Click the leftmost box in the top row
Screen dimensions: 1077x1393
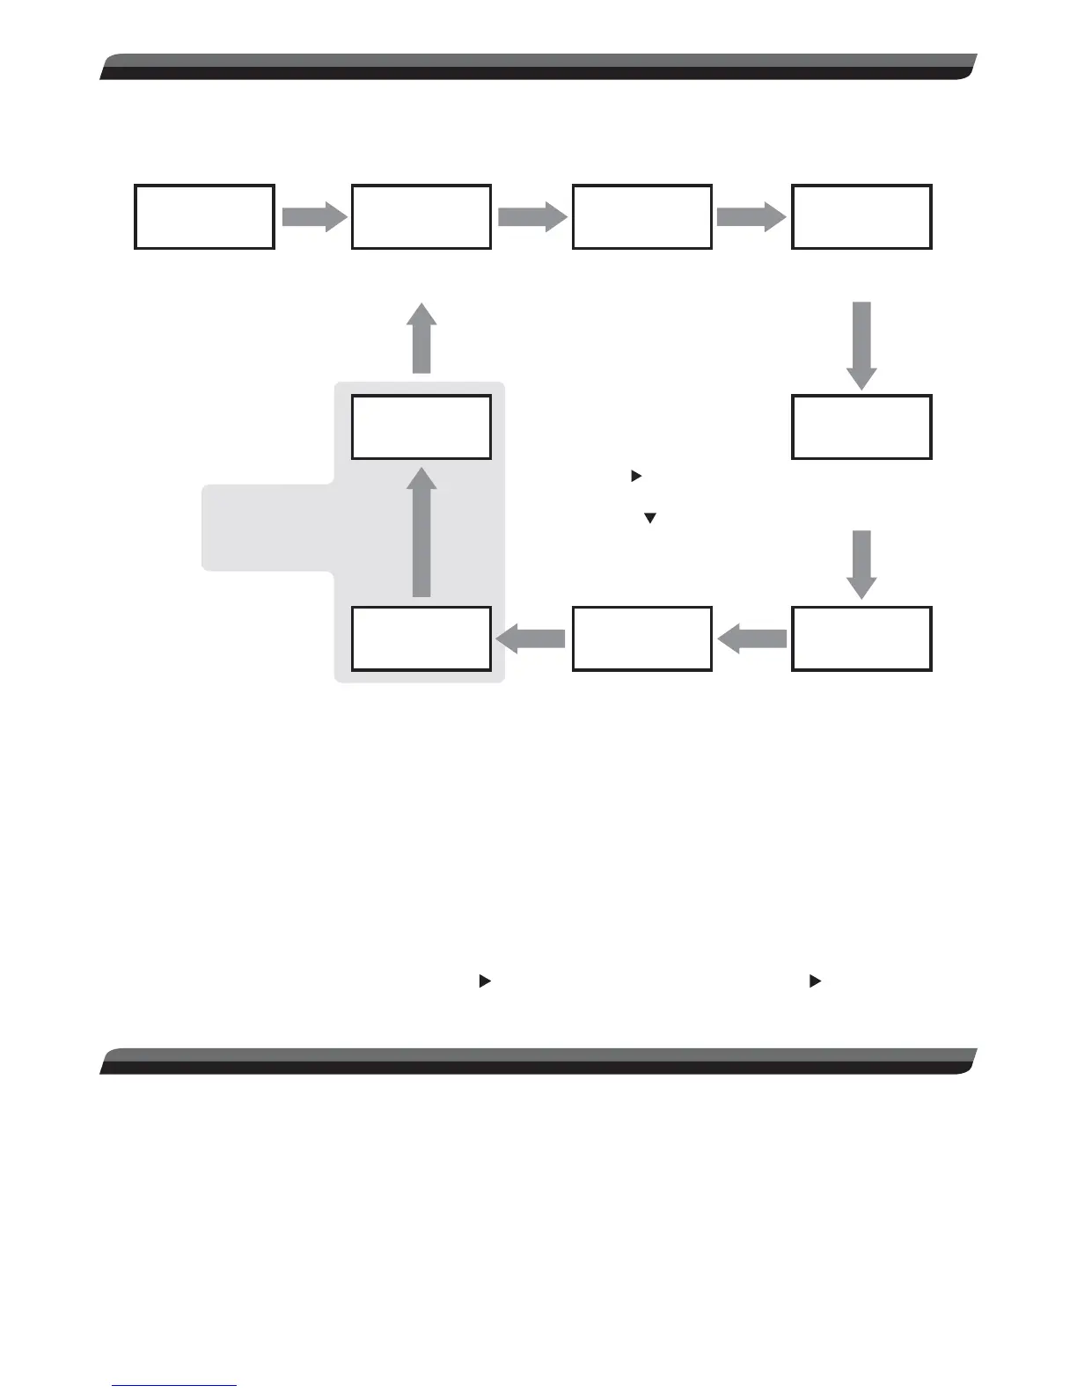click(x=204, y=216)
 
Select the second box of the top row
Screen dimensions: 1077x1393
click(x=421, y=216)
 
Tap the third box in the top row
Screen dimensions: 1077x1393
click(x=641, y=216)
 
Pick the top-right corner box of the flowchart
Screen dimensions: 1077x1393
click(x=861, y=216)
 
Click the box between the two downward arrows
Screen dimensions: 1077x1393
click(x=861, y=427)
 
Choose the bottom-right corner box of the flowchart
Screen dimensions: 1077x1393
click(x=861, y=638)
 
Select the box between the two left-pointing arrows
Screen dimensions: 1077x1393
click(x=641, y=638)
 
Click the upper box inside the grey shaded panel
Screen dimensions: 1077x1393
click(x=421, y=427)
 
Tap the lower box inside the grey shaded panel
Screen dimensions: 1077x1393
click(x=421, y=638)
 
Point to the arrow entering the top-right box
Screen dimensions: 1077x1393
click(x=751, y=215)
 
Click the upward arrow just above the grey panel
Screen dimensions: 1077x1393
click(x=421, y=339)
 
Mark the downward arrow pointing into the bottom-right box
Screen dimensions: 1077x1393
click(x=861, y=564)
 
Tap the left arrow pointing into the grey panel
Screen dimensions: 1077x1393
click(x=531, y=639)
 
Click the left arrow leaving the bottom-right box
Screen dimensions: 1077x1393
click(x=752, y=639)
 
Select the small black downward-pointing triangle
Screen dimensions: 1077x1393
click(x=650, y=519)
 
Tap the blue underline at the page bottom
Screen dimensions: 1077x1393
click(x=174, y=1386)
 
